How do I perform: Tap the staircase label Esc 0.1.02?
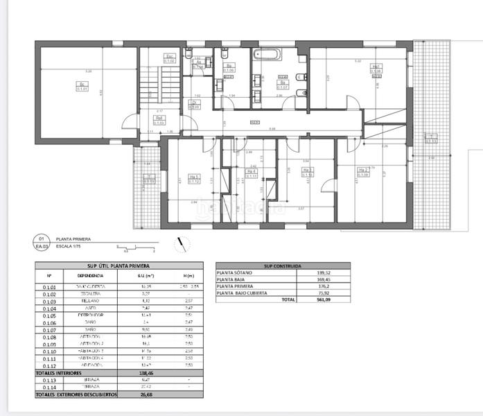tap(169, 59)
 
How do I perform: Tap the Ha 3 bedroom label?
tap(308, 173)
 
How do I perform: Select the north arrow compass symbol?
tap(182, 243)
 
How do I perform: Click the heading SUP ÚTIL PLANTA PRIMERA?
tap(118, 266)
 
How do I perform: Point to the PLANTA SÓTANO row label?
tap(236, 272)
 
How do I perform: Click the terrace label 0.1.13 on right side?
tap(431, 137)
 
